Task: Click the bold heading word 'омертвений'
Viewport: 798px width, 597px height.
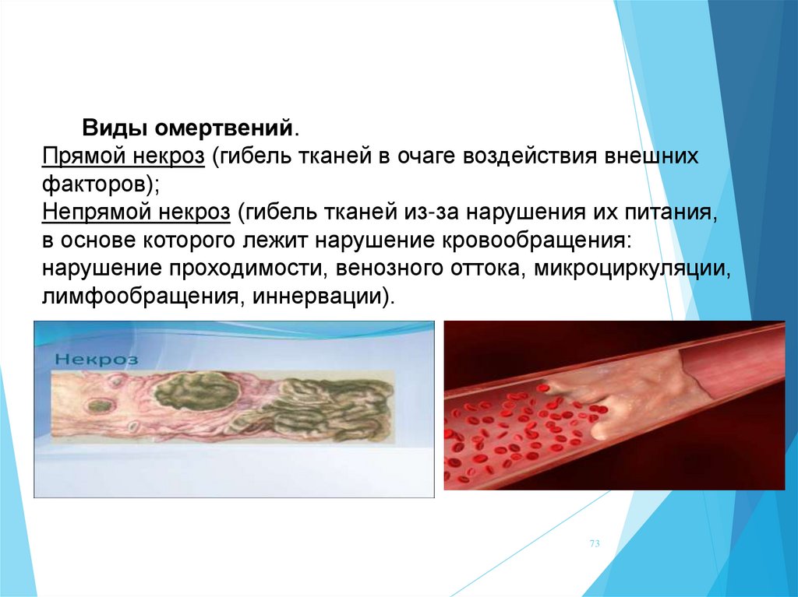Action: click(x=224, y=128)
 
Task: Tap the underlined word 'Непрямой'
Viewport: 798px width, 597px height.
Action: click(x=96, y=212)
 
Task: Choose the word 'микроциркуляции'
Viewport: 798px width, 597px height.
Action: click(x=631, y=269)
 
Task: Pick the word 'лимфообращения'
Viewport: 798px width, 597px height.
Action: click(x=139, y=297)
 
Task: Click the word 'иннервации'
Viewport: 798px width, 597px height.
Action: click(x=316, y=297)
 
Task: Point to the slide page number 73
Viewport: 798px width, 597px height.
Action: click(x=595, y=543)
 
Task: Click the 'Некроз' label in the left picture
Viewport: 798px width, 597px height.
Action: click(x=96, y=359)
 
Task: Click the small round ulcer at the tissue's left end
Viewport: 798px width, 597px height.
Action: click(x=97, y=406)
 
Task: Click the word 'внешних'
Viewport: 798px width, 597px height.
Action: click(x=651, y=156)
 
